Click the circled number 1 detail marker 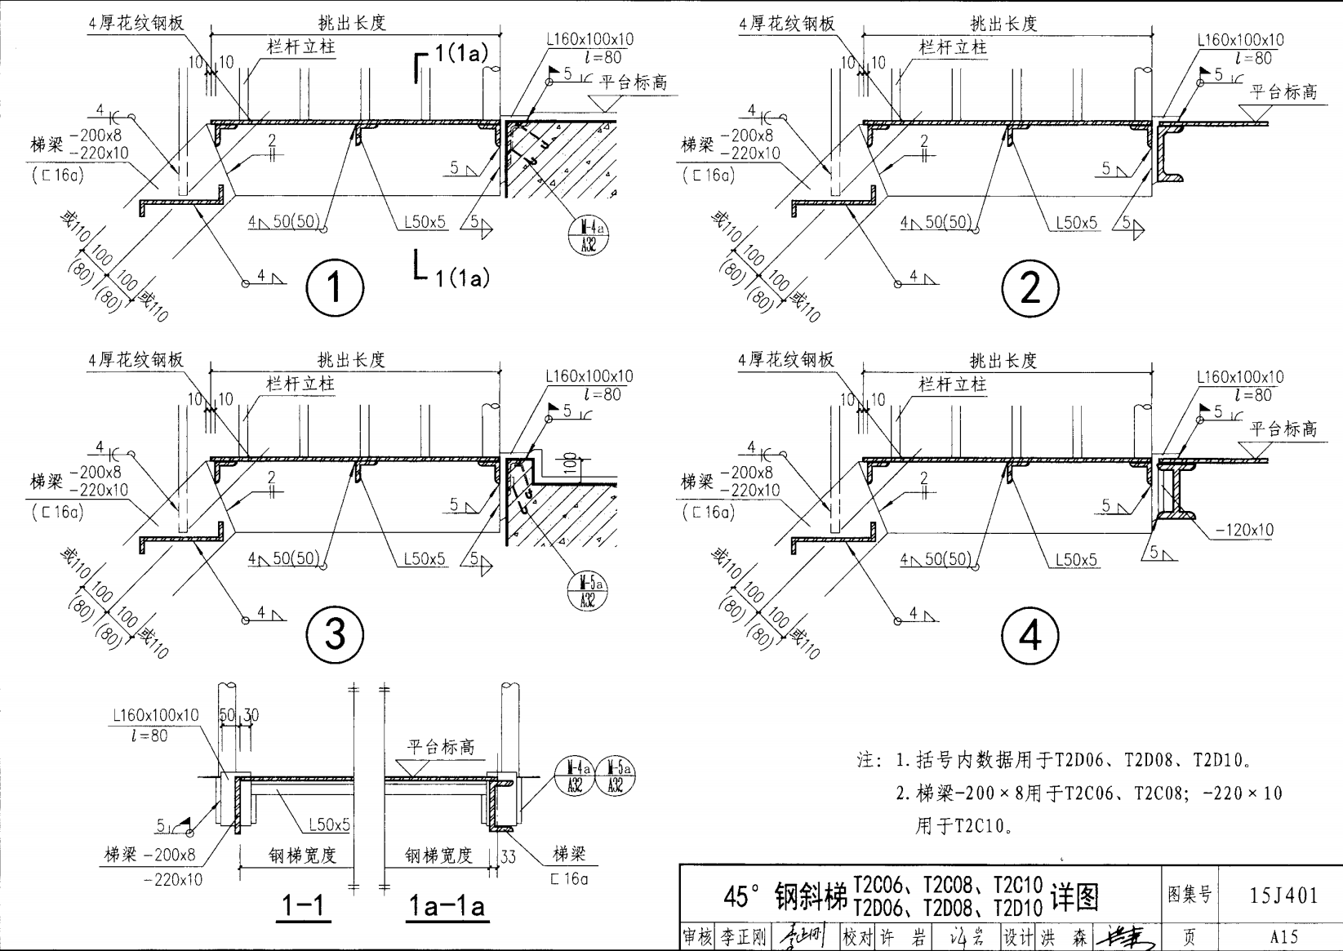click(x=334, y=287)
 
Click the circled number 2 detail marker click(x=1029, y=287)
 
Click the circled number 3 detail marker click(x=334, y=634)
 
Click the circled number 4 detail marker click(x=1029, y=635)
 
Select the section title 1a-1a click(x=447, y=905)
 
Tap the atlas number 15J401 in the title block click(x=1283, y=895)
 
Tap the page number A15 click(x=1283, y=936)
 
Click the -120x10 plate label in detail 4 click(x=1244, y=530)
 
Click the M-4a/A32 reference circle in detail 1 click(x=588, y=234)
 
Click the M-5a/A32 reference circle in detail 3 click(x=588, y=591)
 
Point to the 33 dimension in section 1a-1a click(x=508, y=857)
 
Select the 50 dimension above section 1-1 click(x=227, y=715)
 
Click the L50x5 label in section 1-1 click(x=329, y=825)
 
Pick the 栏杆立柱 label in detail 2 click(x=953, y=47)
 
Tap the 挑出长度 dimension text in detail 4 click(x=1003, y=360)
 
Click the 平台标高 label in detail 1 click(x=634, y=82)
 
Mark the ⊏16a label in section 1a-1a click(x=569, y=879)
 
